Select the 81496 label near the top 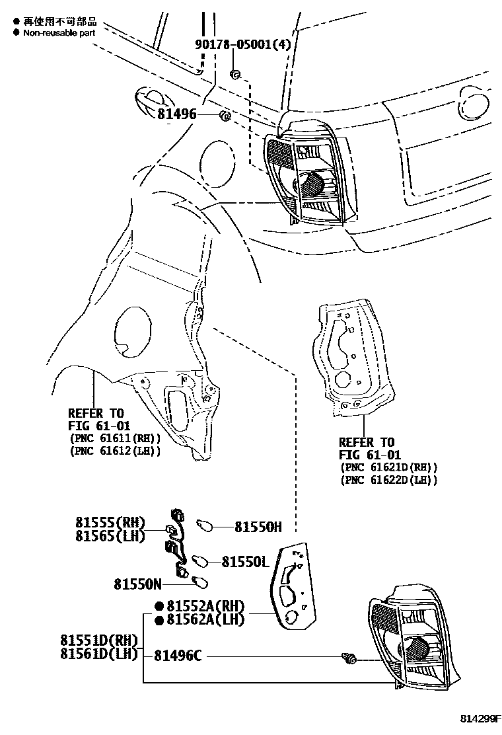click(x=177, y=114)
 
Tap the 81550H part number click(x=258, y=527)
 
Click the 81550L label click(x=244, y=561)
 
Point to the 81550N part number click(x=137, y=584)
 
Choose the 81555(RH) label click(x=109, y=522)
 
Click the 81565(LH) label click(x=109, y=536)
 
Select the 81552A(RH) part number click(x=205, y=606)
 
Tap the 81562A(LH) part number click(x=205, y=620)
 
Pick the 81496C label click(x=178, y=656)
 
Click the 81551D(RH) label click(x=98, y=640)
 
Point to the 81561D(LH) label click(x=98, y=654)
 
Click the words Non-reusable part click(x=59, y=32)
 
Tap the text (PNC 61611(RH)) click(x=114, y=438)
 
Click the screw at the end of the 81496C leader click(x=349, y=658)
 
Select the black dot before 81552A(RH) click(x=159, y=606)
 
